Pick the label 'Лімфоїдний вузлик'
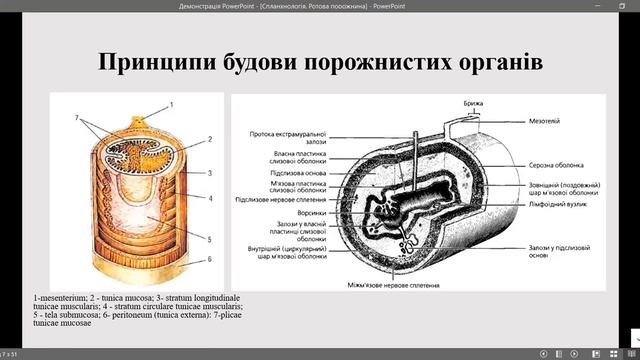(549, 203)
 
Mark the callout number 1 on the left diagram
(170, 104)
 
